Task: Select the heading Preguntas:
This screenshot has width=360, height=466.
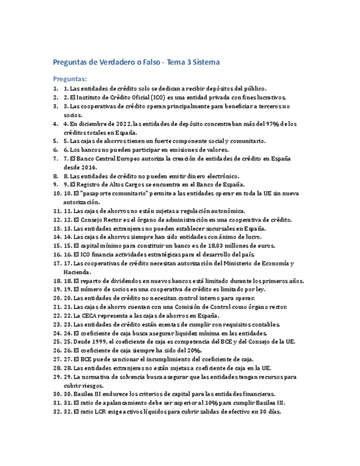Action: pyautogui.click(x=70, y=79)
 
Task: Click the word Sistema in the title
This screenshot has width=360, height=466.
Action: pyautogui.click(x=206, y=62)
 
